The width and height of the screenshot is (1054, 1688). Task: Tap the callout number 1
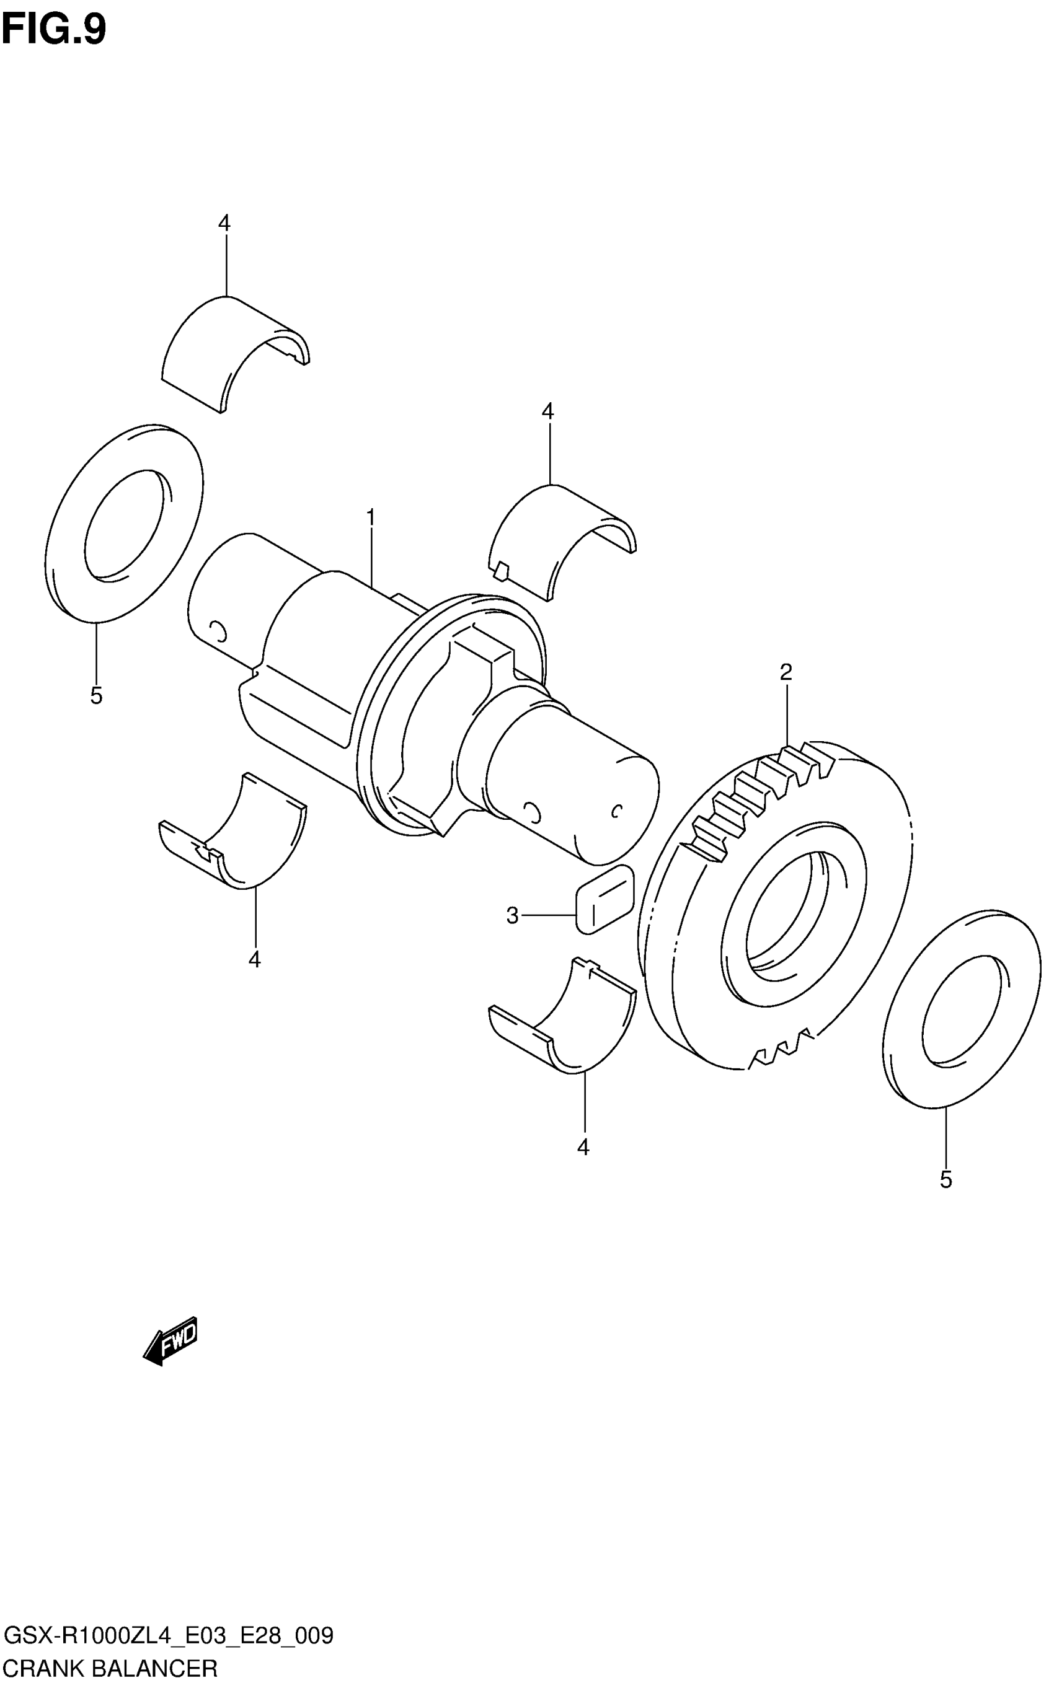371,517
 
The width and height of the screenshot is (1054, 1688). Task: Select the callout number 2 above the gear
786,672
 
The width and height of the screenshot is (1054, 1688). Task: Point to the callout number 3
512,915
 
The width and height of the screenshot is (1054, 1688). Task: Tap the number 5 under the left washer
96,695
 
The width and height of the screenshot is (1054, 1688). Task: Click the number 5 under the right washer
946,1179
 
